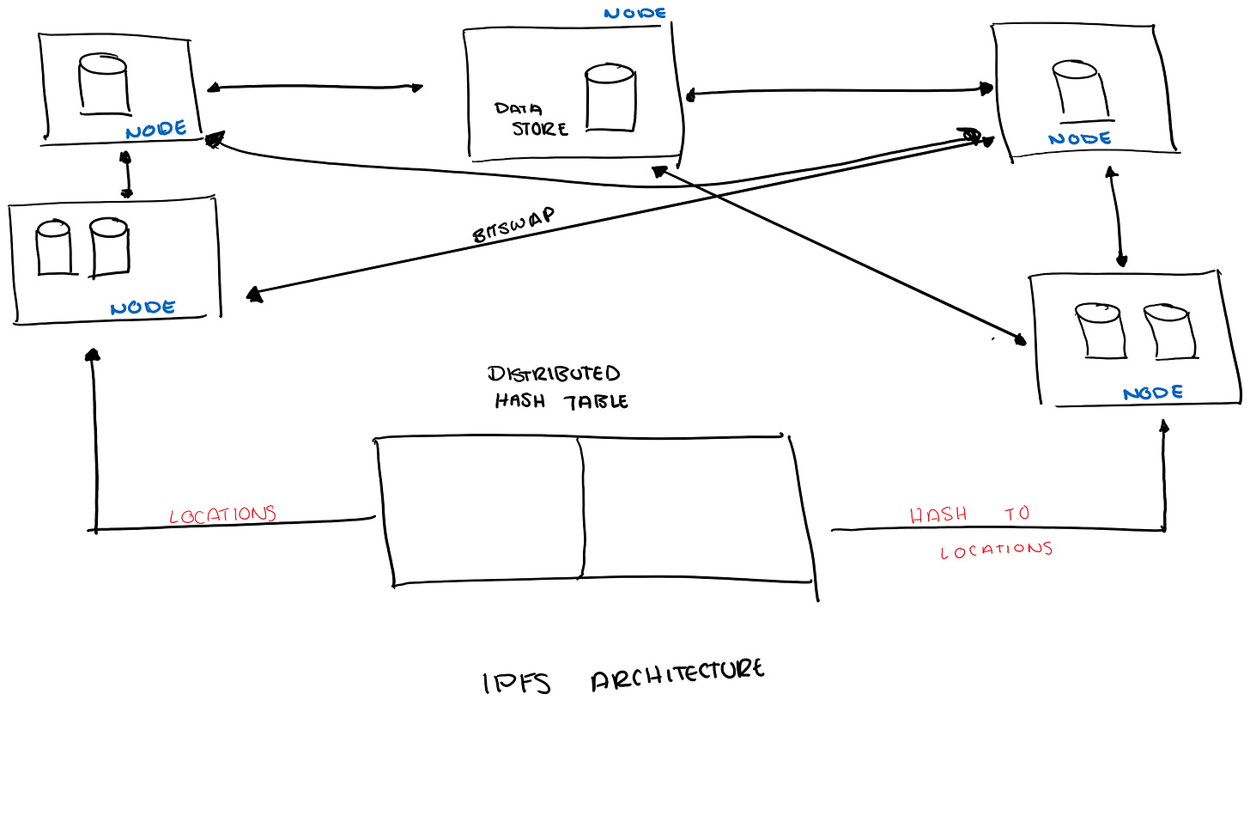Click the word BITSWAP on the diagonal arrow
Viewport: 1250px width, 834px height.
513,224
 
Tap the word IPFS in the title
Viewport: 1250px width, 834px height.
516,683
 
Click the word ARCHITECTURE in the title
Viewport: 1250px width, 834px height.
677,674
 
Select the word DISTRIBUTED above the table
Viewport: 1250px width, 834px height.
554,374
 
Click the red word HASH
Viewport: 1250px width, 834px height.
938,514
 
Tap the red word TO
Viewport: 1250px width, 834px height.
1017,514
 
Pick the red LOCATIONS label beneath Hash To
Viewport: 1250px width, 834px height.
996,550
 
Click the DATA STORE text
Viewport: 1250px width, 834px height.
531,119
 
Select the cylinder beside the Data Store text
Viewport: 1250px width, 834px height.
610,97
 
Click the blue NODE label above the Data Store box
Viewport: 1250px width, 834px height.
634,13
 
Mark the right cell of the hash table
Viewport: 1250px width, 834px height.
695,508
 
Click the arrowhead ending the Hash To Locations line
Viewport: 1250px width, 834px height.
1164,425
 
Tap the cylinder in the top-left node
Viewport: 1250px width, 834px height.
104,83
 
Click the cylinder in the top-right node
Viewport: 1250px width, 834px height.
1079,90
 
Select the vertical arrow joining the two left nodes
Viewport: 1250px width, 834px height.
126,174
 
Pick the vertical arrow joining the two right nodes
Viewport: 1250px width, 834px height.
1117,216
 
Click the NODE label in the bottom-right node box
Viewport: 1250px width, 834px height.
1153,393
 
